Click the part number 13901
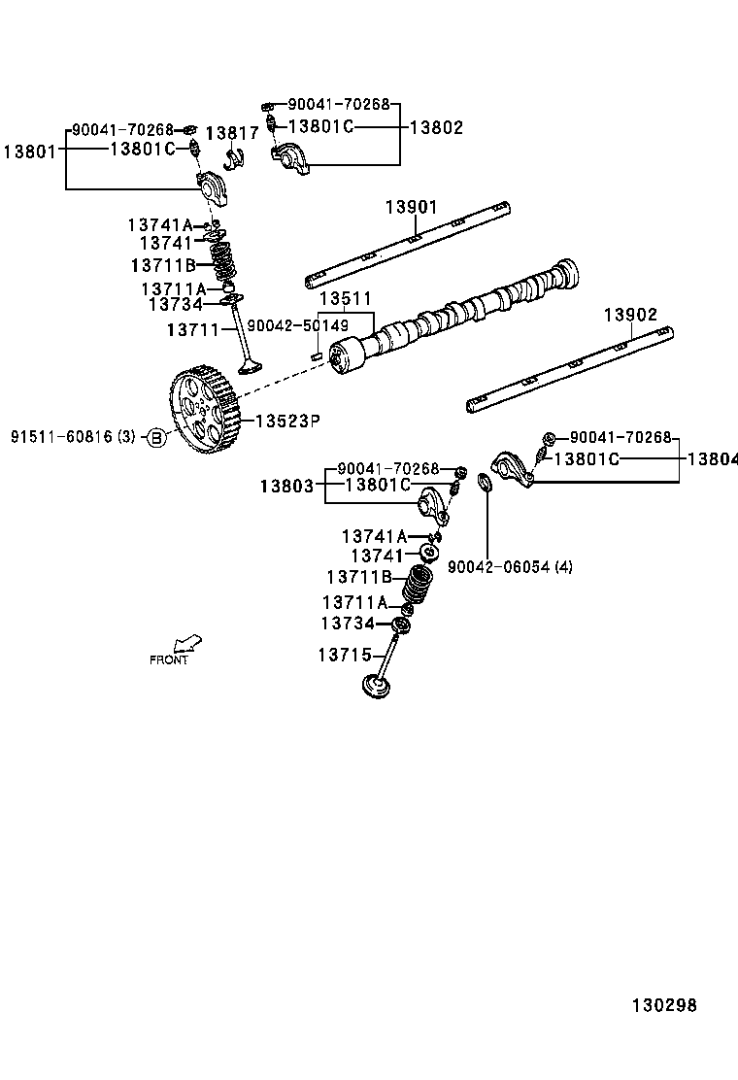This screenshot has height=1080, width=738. click(411, 207)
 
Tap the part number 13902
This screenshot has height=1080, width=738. click(630, 315)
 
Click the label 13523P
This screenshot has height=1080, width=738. click(287, 421)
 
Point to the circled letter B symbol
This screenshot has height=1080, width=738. click(156, 438)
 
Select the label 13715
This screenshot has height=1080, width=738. click(343, 656)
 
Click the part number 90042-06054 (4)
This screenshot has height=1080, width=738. click(510, 567)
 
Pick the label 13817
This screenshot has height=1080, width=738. click(232, 133)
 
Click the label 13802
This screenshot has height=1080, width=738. click(436, 127)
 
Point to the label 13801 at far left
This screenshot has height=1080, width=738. click(29, 151)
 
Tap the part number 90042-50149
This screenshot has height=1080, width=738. click(297, 326)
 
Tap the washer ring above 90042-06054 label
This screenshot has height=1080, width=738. click(485, 481)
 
